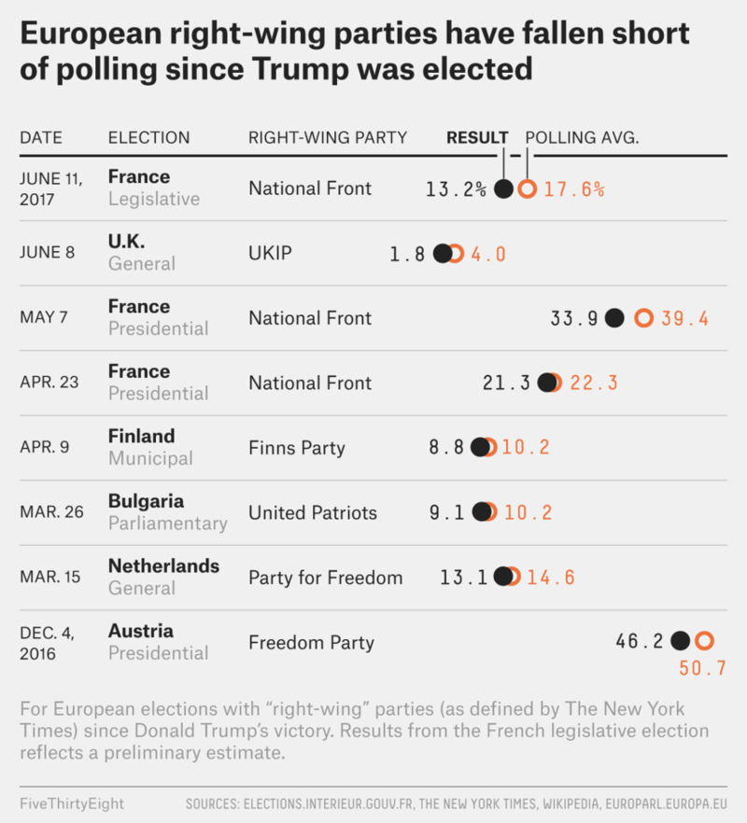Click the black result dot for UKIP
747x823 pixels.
(x=443, y=254)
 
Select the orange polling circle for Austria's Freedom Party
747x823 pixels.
(x=704, y=641)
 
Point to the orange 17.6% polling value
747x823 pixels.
(x=574, y=189)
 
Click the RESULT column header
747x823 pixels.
(x=477, y=138)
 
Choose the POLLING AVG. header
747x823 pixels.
(x=582, y=138)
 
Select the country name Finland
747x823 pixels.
(x=141, y=436)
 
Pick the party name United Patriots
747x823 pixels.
(x=313, y=512)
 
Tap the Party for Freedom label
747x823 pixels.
(x=325, y=578)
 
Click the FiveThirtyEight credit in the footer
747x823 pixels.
(x=71, y=802)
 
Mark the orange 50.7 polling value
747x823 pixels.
(x=702, y=668)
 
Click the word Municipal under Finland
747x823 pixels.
(x=150, y=458)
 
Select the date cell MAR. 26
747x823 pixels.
(x=51, y=512)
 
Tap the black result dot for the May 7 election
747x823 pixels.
(x=614, y=318)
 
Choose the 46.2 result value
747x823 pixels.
(x=640, y=641)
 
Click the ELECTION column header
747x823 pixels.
(x=148, y=138)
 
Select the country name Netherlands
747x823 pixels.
(x=163, y=565)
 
